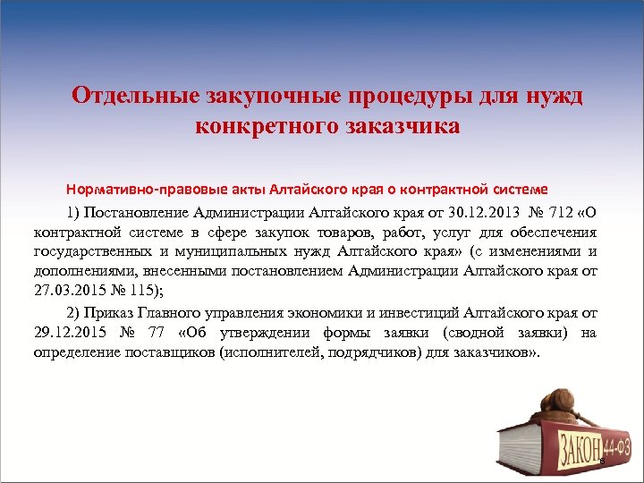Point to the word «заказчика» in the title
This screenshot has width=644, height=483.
coord(402,126)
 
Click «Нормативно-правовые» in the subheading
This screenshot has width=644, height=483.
coord(135,190)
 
